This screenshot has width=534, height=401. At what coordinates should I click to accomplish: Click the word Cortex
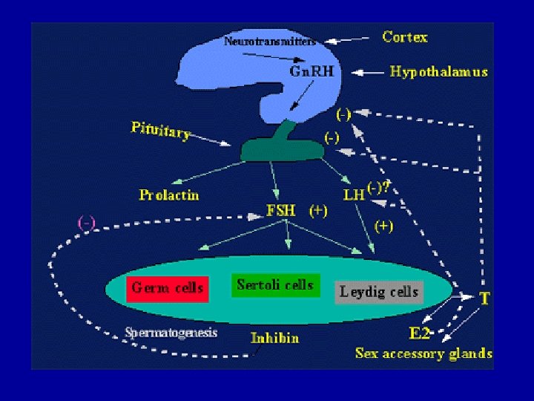click(x=405, y=36)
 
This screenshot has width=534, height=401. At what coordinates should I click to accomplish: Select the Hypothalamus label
click(x=439, y=72)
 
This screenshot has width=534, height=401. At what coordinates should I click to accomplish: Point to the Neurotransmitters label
click(x=269, y=42)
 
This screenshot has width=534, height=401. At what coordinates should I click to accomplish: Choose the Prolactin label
click(x=169, y=195)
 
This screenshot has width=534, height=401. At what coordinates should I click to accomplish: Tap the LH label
click(x=354, y=195)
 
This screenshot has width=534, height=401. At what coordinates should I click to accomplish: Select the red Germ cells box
click(x=168, y=287)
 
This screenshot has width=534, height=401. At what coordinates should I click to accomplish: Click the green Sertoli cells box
click(x=275, y=285)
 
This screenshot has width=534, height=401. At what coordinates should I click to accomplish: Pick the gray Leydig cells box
click(x=379, y=292)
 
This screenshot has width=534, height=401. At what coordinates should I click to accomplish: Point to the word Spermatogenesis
click(x=171, y=332)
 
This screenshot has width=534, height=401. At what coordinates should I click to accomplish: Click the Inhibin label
click(x=274, y=338)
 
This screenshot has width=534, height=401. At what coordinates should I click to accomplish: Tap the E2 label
click(x=420, y=331)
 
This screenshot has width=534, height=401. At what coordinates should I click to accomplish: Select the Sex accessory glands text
click(x=423, y=353)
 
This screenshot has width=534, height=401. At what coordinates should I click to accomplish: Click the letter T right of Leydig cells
click(x=484, y=299)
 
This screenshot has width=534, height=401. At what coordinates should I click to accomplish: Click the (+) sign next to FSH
click(x=317, y=210)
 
